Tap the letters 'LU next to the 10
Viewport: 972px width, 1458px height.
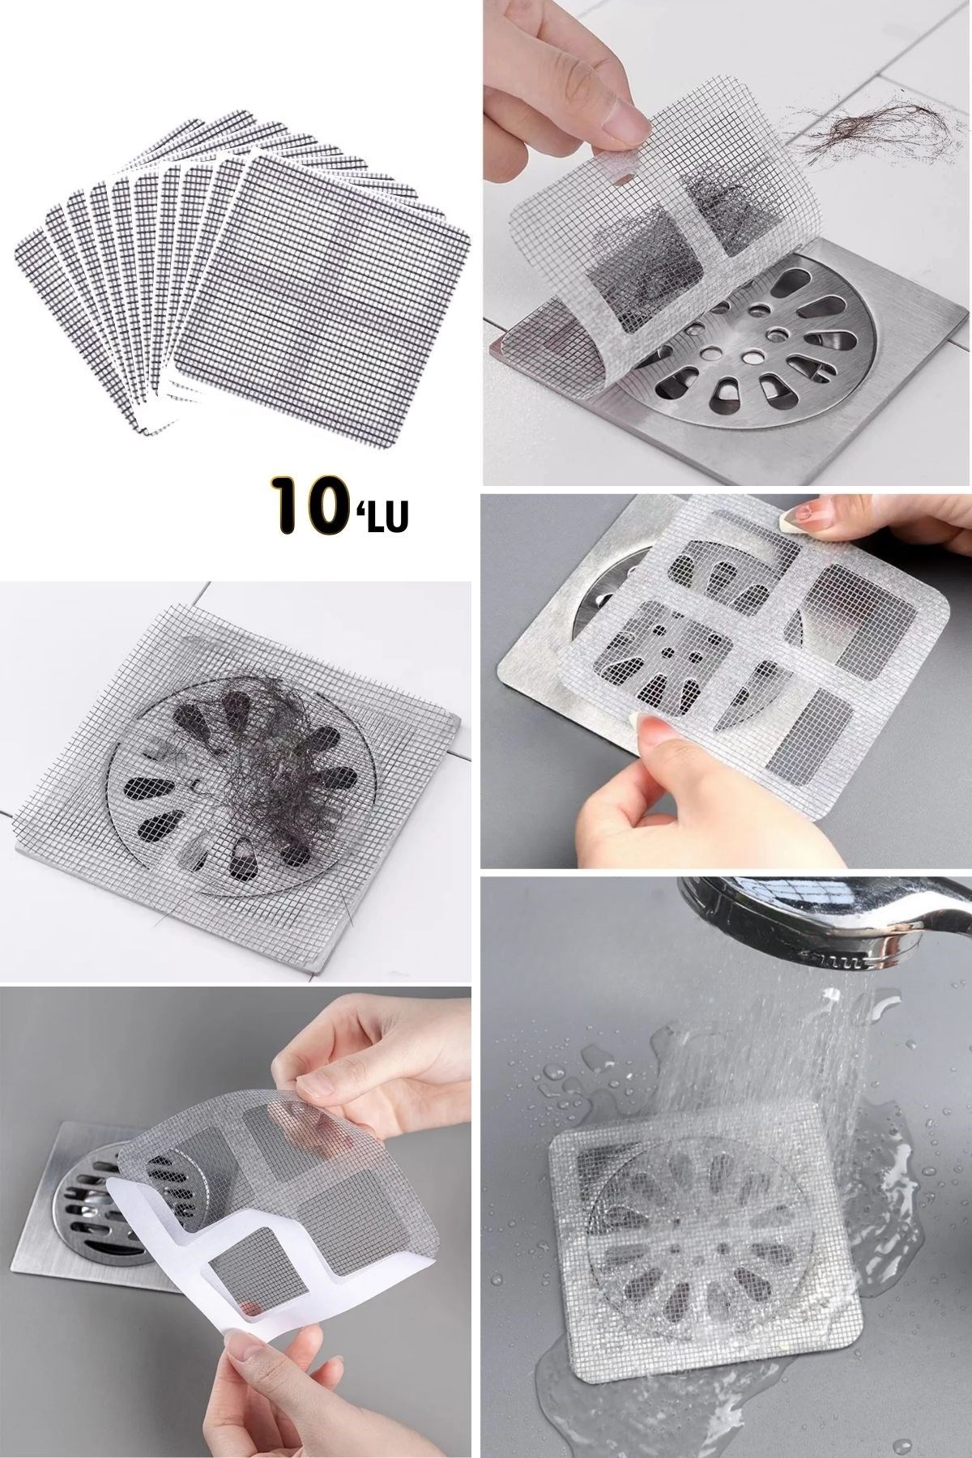coord(385,511)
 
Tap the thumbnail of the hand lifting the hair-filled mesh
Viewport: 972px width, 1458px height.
coord(726,242)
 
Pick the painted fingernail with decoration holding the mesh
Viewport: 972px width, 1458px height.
coord(804,514)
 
